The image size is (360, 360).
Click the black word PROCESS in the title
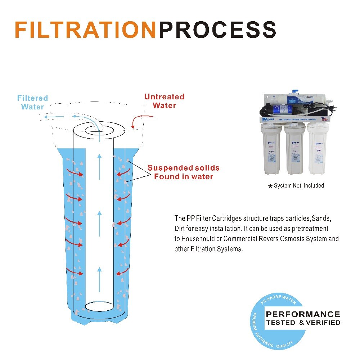217,30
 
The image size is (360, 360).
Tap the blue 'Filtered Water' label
32,102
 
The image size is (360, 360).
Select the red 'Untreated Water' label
164,101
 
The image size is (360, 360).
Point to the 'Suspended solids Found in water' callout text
183,172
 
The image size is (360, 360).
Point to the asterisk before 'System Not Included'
270,186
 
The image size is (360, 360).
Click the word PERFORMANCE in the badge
303,315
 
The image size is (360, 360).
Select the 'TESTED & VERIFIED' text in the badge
303,323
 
